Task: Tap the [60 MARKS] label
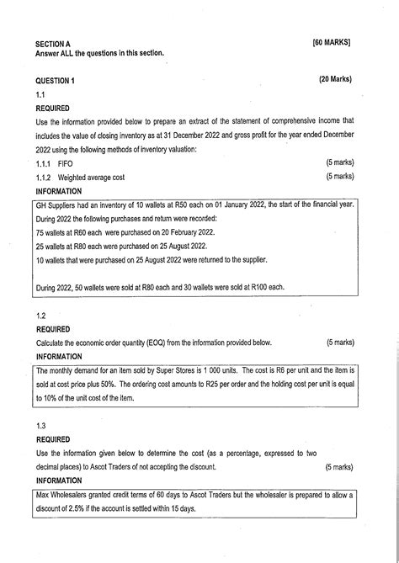pos(332,41)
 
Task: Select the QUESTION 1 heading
pos(56,80)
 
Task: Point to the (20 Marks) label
pos(335,80)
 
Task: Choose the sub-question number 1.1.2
pos(43,177)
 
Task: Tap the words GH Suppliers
pos(56,204)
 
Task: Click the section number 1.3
pos(40,426)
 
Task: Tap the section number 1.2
pos(40,316)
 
